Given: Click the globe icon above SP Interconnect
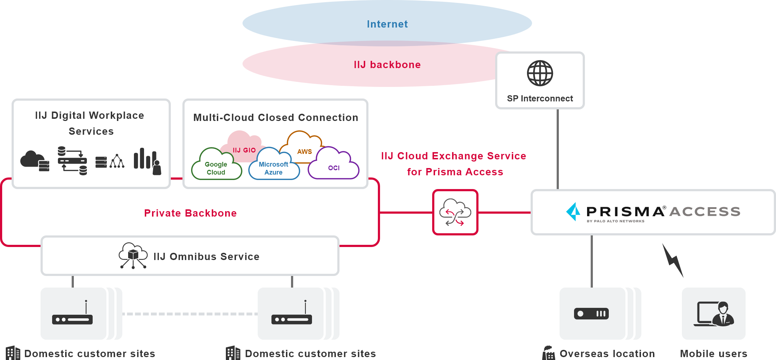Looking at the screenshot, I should pyautogui.click(x=540, y=73).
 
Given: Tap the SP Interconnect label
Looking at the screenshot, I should pyautogui.click(x=540, y=99).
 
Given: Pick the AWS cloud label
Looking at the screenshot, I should pyautogui.click(x=304, y=151).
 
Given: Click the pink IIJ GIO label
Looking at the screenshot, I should pyautogui.click(x=244, y=150).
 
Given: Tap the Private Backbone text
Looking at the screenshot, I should pyautogui.click(x=190, y=213).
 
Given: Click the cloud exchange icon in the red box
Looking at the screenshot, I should pyautogui.click(x=455, y=212).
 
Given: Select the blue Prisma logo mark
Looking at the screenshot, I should pyautogui.click(x=573, y=212).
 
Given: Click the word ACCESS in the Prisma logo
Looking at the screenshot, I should pyautogui.click(x=705, y=212).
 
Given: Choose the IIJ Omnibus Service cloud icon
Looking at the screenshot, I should pyautogui.click(x=133, y=255).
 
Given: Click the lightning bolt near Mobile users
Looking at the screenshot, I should pyautogui.click(x=673, y=260).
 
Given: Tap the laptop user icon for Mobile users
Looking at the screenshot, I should pyautogui.click(x=713, y=314).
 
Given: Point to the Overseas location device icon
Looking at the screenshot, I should pyautogui.click(x=591, y=314).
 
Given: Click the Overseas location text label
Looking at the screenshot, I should pyautogui.click(x=607, y=353).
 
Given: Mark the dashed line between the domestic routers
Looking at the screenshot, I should pyautogui.click(x=190, y=314).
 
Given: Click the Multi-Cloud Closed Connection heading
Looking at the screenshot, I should pyautogui.click(x=275, y=117).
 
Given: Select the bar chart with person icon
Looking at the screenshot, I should pyautogui.click(x=147, y=162).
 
